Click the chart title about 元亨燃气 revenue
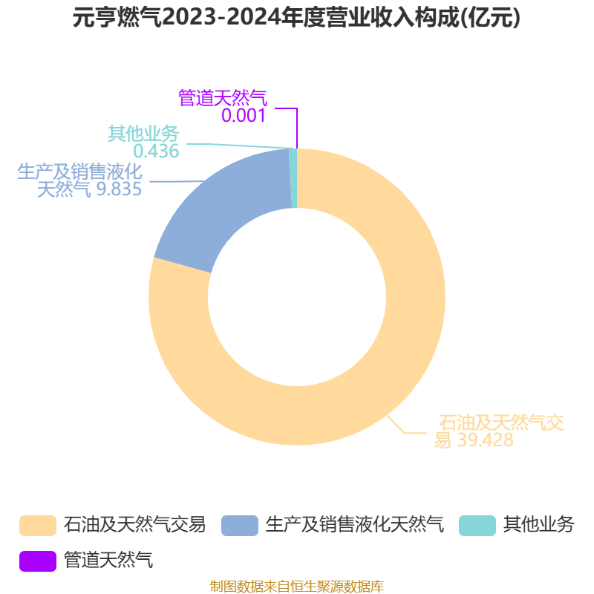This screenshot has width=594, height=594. click(296, 17)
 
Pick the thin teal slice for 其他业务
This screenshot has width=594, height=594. click(293, 178)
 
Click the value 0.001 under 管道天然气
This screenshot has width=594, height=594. click(244, 115)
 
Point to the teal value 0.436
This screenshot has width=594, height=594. click(156, 151)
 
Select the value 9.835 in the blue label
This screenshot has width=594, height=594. click(119, 189)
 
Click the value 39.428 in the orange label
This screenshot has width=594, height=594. click(486, 440)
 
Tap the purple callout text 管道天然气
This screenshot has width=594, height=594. click(223, 98)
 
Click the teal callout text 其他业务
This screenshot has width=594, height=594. click(143, 134)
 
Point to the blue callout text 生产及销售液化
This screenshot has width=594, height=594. click(79, 172)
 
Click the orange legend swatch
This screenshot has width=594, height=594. click(38, 526)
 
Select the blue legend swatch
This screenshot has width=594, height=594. click(240, 526)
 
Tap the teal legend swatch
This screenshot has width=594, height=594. click(477, 526)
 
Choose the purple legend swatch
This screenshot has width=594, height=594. click(38, 561)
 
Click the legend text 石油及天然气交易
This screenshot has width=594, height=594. click(134, 525)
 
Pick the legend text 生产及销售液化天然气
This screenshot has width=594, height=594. click(355, 525)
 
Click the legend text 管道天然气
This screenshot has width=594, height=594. click(108, 561)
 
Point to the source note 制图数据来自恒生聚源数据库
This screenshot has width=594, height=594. click(296, 587)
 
